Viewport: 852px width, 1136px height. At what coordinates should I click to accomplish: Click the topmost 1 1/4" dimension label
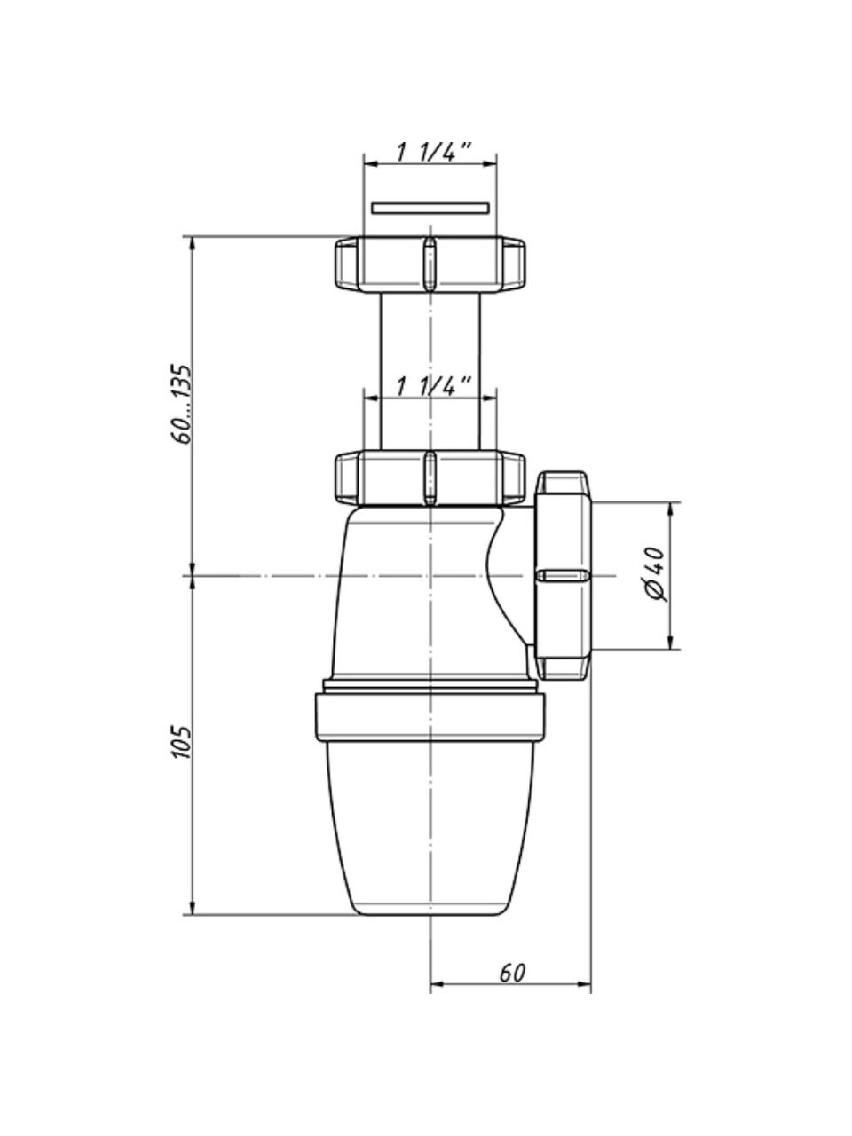[432, 153]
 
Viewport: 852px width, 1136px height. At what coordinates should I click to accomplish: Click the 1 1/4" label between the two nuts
[432, 386]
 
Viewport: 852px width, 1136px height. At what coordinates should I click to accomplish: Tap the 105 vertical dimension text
[182, 741]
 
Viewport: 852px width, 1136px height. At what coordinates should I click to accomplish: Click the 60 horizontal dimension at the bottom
[512, 972]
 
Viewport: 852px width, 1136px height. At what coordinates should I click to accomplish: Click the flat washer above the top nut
[430, 209]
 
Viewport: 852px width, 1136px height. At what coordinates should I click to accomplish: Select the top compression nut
[430, 264]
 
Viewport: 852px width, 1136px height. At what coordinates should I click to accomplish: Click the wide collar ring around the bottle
[430, 717]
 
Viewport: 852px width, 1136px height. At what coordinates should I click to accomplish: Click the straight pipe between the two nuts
[430, 355]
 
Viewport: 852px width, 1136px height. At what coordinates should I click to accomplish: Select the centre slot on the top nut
[430, 264]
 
